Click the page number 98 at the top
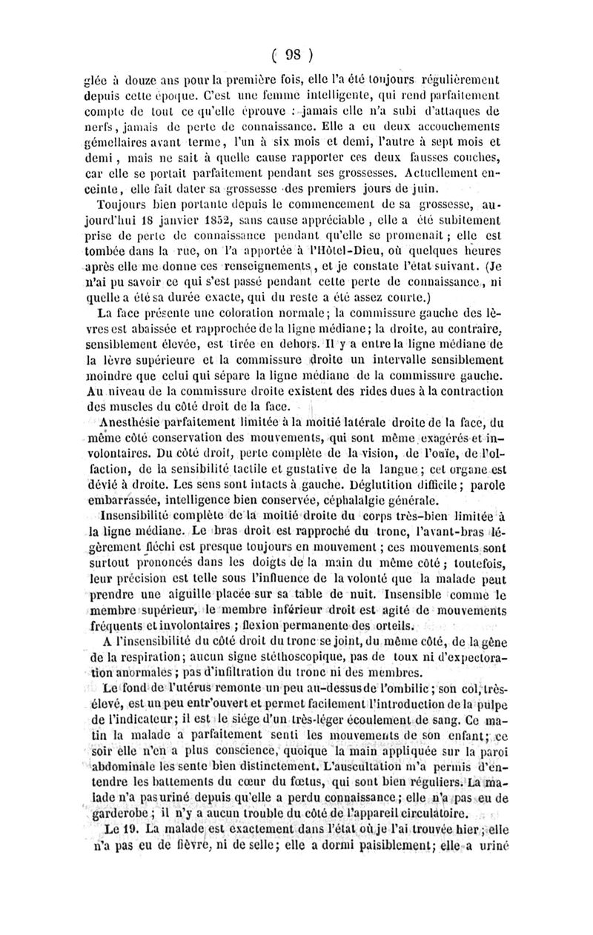coord(296,53)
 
